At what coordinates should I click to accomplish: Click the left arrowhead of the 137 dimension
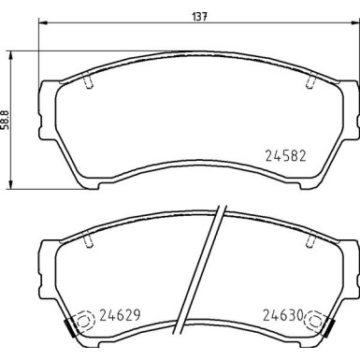41,26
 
